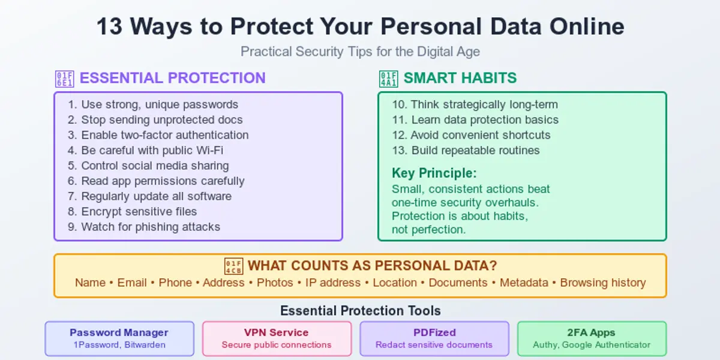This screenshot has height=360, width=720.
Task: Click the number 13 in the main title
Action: (109, 27)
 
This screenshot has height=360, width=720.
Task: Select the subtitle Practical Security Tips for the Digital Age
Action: (360, 52)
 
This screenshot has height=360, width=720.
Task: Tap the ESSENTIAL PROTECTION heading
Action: (172, 78)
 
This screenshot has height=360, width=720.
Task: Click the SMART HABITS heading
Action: (460, 78)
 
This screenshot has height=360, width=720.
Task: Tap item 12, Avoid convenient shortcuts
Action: (471, 135)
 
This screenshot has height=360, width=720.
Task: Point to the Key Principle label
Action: (434, 173)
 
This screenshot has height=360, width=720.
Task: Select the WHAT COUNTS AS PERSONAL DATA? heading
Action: (372, 266)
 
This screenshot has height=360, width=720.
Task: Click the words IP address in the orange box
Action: (333, 283)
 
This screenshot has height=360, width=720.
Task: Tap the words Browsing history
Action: (602, 283)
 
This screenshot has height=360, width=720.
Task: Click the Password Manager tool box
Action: (119, 338)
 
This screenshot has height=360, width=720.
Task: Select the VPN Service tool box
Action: (277, 338)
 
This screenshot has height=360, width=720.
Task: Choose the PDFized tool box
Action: (434, 338)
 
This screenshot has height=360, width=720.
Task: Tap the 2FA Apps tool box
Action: (592, 338)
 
